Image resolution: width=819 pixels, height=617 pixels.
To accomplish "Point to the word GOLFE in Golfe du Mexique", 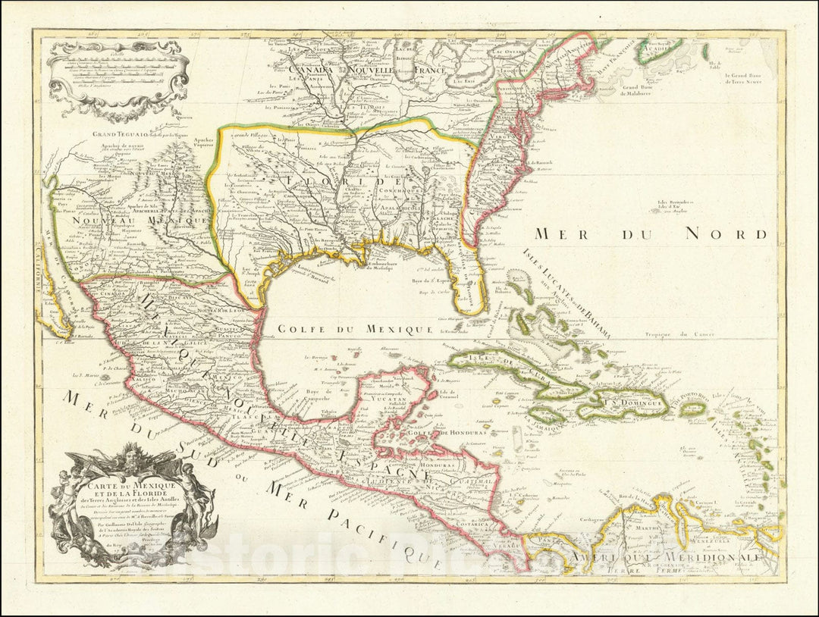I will click(x=299, y=329).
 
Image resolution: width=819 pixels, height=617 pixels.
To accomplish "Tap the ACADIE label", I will click(x=658, y=52).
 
